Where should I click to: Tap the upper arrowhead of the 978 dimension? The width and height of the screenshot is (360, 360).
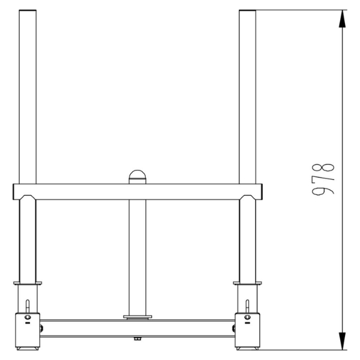(x=342, y=18)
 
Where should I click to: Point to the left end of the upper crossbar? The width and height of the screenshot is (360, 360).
(x=14, y=192)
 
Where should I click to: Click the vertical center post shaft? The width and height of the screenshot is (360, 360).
(x=137, y=252)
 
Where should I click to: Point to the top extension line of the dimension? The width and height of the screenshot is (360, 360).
(x=300, y=10)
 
